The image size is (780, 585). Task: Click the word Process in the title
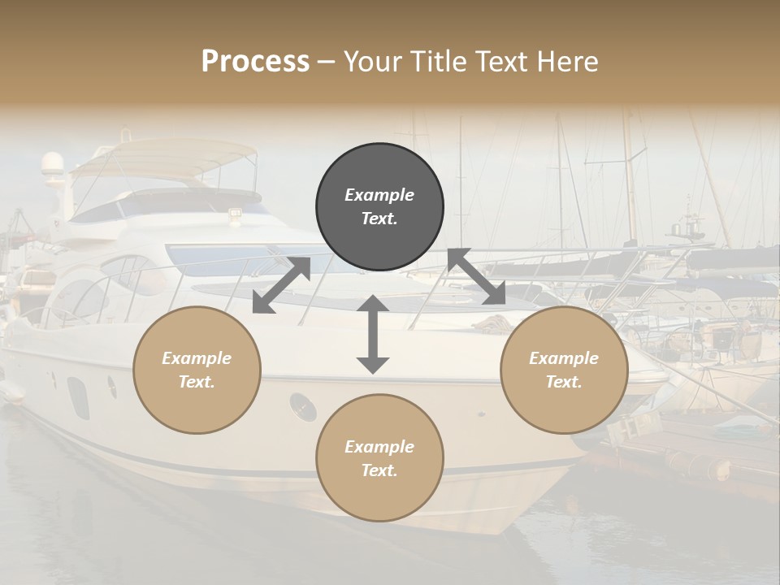(x=255, y=61)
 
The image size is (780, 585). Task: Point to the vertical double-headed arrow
(x=373, y=334)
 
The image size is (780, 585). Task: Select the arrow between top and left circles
(x=281, y=284)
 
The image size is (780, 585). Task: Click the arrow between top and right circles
(x=477, y=277)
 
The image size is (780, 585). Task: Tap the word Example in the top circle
(x=379, y=195)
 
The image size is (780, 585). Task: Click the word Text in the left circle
(x=197, y=382)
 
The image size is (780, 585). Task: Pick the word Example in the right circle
(x=564, y=358)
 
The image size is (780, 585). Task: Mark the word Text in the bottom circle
(x=379, y=470)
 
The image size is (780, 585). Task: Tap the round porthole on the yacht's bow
(x=303, y=406)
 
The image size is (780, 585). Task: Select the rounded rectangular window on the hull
(x=78, y=398)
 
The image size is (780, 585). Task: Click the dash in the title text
(x=327, y=62)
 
